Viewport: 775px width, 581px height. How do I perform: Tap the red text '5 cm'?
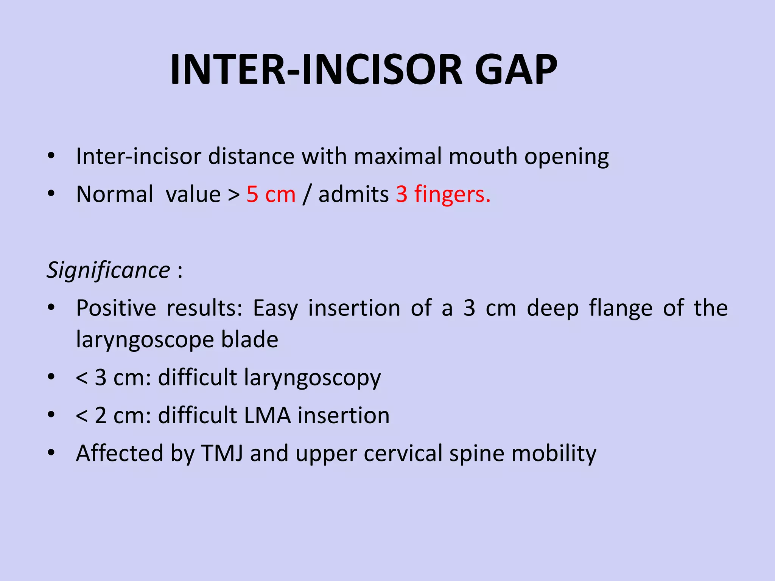coord(271,194)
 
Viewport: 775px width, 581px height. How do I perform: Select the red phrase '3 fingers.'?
coord(443,194)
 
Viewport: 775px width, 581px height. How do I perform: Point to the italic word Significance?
coord(108,270)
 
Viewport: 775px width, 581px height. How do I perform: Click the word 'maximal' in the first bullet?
coord(398,156)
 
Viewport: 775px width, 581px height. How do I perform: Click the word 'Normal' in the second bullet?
coord(115,194)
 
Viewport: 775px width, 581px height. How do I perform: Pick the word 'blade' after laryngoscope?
coord(250,339)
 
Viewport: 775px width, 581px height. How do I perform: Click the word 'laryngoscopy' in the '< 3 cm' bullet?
coord(312,378)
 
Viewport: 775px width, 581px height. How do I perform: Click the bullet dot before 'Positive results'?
coord(51,308)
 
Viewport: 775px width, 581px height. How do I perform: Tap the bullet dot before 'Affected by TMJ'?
coord(51,453)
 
